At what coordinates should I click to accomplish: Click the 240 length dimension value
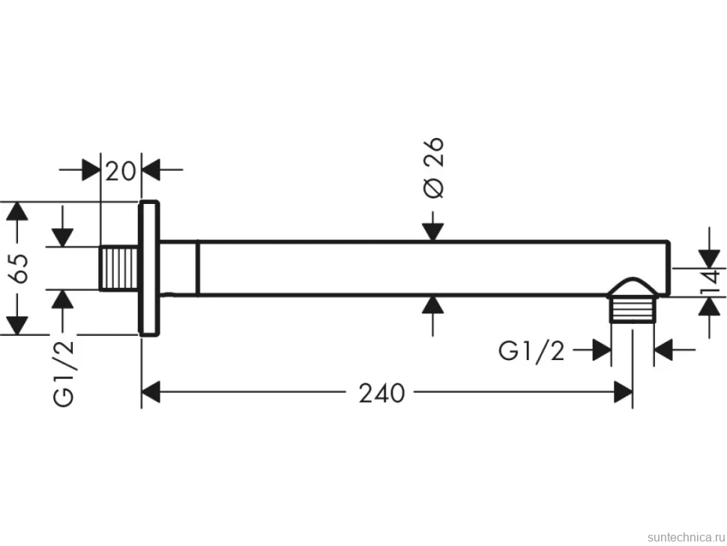click(381, 393)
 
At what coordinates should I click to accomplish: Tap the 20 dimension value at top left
click(121, 171)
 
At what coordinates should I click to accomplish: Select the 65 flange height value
click(20, 268)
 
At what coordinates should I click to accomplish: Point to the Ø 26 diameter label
click(434, 167)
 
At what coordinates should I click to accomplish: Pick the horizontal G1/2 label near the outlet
click(531, 351)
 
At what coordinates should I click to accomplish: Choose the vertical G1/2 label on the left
click(64, 373)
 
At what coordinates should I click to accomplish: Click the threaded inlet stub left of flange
click(119, 268)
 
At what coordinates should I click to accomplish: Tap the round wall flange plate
click(149, 268)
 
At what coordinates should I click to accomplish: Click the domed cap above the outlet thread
click(632, 287)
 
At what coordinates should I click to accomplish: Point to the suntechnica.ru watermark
click(686, 537)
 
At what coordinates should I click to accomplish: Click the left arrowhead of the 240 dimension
click(151, 392)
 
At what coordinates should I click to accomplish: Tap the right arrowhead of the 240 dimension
click(623, 392)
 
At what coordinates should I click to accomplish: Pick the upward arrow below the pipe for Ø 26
click(432, 316)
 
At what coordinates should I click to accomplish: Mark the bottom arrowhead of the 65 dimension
click(16, 325)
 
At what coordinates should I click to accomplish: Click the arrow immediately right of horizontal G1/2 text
click(592, 349)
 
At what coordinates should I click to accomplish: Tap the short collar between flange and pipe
click(179, 268)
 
